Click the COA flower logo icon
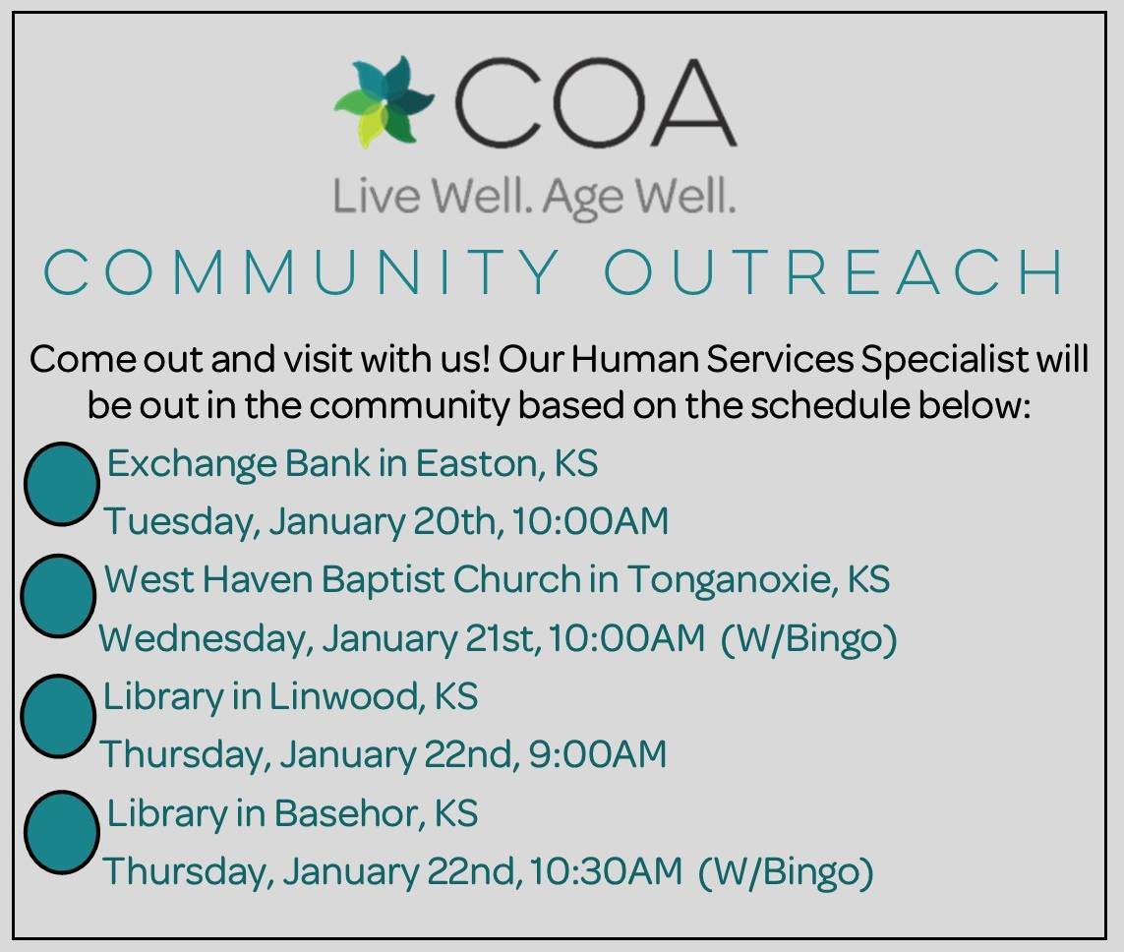(x=385, y=100)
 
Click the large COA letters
(x=593, y=103)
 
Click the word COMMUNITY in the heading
(x=301, y=273)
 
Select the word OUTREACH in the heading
(x=834, y=273)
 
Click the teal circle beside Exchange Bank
(x=61, y=483)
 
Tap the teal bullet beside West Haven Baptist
(x=58, y=596)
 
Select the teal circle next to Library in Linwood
(x=58, y=716)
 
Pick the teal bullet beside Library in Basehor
(x=61, y=832)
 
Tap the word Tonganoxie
(x=731, y=579)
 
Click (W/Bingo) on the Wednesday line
(x=808, y=638)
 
